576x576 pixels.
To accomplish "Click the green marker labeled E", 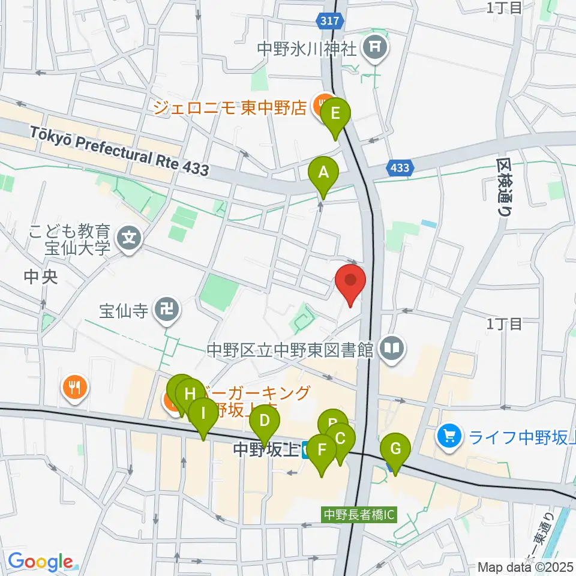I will pos(335,113).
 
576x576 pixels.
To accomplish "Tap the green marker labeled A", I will pos(323,173).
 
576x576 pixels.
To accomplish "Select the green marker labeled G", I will pos(395,449).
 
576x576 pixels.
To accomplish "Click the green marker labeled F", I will pos(322,451).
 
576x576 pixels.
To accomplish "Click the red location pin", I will pos(351,281).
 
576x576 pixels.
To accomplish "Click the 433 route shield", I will pos(400,168).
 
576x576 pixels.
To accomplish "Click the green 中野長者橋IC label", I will pos(359,514).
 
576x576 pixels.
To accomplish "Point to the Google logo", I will pos(40,562).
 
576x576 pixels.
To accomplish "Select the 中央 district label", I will pos(40,278).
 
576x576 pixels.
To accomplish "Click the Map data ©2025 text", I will pos(526,566).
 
